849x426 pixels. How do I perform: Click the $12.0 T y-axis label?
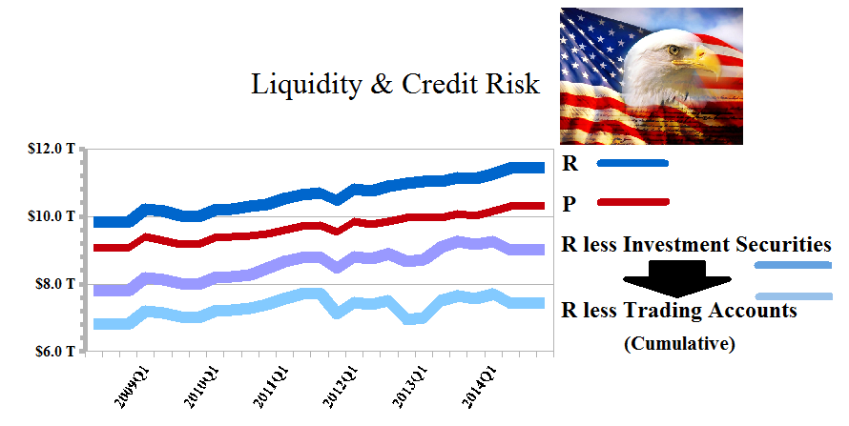pyautogui.click(x=52, y=149)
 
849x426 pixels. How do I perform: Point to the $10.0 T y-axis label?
pyautogui.click(x=52, y=216)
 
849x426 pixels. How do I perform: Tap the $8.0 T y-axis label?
pyautogui.click(x=55, y=284)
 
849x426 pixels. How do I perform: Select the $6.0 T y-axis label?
pyautogui.click(x=55, y=352)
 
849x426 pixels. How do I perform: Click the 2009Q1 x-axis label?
pyautogui.click(x=134, y=388)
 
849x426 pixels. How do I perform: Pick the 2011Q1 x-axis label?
pyautogui.click(x=271, y=388)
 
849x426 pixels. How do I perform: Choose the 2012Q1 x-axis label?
pyautogui.click(x=341, y=388)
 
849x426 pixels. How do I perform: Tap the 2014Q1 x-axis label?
pyautogui.click(x=480, y=388)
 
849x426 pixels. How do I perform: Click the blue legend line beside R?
pyautogui.click(x=632, y=163)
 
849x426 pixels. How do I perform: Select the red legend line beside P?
pyautogui.click(x=633, y=202)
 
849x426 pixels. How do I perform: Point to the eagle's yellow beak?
pyautogui.click(x=703, y=62)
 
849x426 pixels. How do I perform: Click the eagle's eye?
pyautogui.click(x=673, y=51)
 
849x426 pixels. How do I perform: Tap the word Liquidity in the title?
pyautogui.click(x=306, y=85)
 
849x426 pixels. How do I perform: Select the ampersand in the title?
pyautogui.click(x=382, y=85)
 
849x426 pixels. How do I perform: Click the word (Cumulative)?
pyautogui.click(x=679, y=344)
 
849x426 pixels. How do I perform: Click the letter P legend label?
pyautogui.click(x=569, y=204)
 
